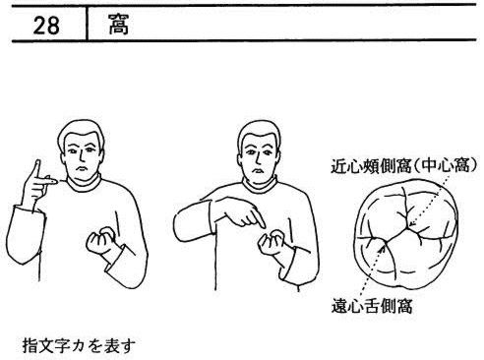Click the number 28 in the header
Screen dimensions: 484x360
(x=46, y=26)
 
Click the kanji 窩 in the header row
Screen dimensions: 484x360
(x=119, y=25)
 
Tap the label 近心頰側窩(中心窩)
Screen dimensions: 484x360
(x=403, y=166)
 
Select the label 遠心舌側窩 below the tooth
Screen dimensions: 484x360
(x=372, y=307)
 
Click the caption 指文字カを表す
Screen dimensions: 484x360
(x=79, y=345)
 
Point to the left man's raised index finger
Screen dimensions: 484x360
(x=35, y=170)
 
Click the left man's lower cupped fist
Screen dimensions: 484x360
(x=100, y=243)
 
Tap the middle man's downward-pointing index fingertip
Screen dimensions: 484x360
(x=263, y=226)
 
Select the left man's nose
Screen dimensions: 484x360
(x=82, y=157)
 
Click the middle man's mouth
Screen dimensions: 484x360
(x=259, y=171)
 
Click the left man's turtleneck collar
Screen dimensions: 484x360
(x=84, y=184)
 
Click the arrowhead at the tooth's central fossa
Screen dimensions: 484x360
(x=411, y=224)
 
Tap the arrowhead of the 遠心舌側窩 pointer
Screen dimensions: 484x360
(x=382, y=246)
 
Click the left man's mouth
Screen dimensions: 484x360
(x=82, y=169)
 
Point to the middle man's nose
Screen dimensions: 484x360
(x=259, y=159)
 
